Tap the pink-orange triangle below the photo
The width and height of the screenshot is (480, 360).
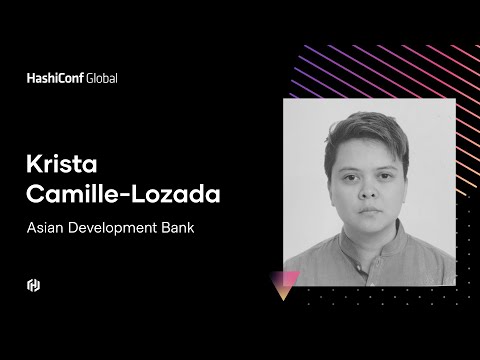[x=289, y=285]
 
